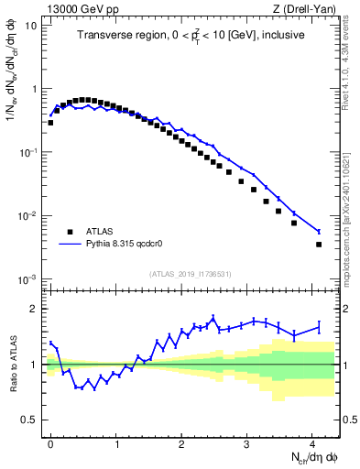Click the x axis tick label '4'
(x=313, y=444)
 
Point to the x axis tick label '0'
(x=50, y=444)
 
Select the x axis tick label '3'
(x=247, y=444)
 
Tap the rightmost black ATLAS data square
(x=319, y=245)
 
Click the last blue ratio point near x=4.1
(x=319, y=326)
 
